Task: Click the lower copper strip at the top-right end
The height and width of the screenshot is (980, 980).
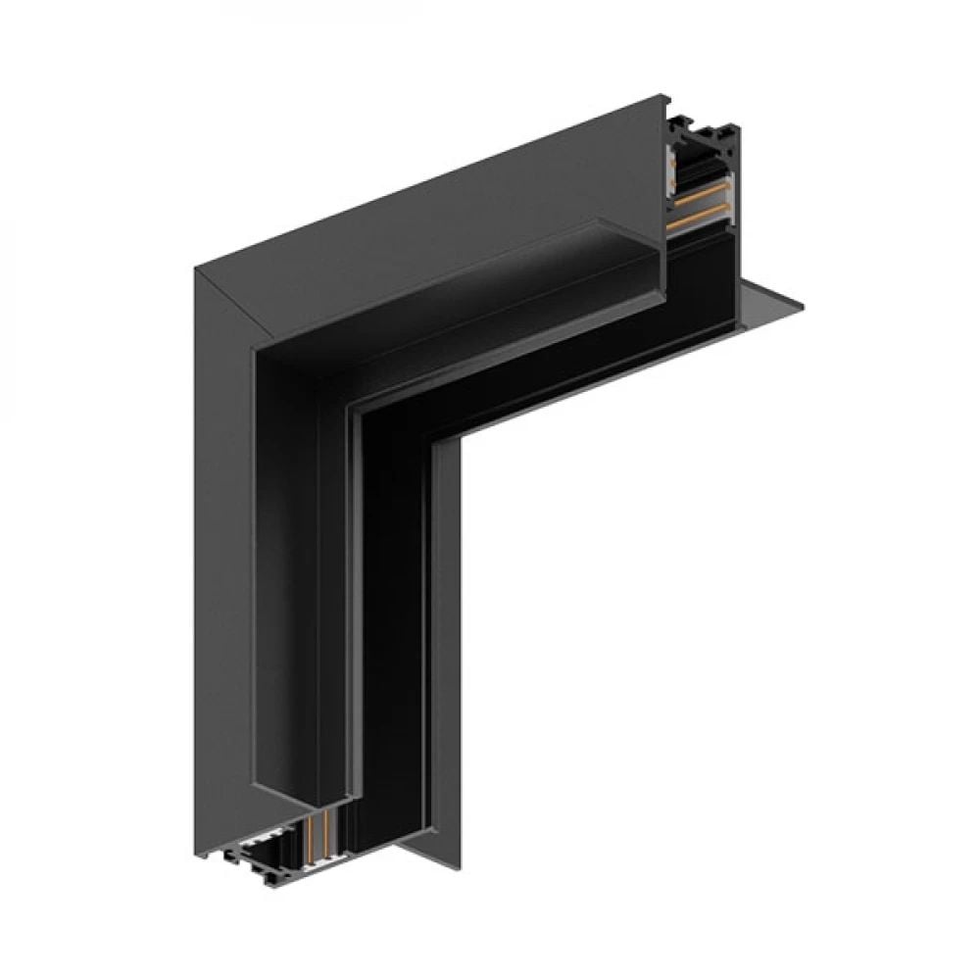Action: [x=698, y=218]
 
